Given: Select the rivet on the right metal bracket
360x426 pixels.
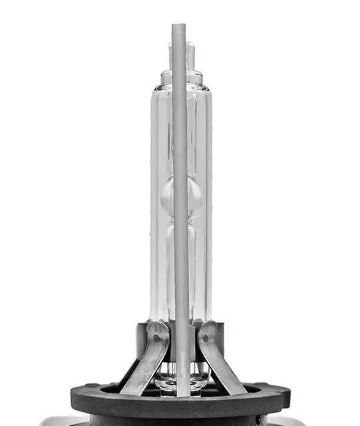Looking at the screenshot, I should click(205, 338).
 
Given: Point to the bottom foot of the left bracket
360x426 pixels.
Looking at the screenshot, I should click(130, 389).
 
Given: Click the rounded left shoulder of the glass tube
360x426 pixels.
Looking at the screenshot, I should click(156, 93).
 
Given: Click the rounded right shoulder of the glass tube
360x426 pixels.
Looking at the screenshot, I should click(207, 93).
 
